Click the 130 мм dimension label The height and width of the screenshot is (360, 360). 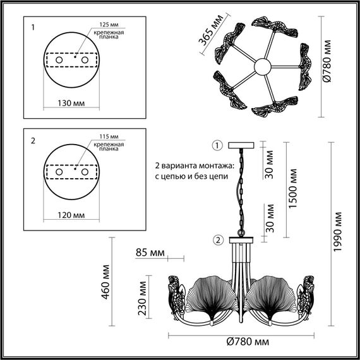tap(71, 104)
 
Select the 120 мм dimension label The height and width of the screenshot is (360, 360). tap(71, 215)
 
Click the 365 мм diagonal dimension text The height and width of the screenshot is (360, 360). tap(210, 30)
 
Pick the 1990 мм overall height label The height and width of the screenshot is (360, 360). tap(337, 232)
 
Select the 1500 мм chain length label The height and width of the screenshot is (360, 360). tap(292, 188)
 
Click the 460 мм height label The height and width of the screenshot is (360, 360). tap(105, 282)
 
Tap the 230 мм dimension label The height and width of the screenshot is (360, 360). tap(142, 298)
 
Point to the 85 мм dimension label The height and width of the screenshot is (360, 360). tap(150, 253)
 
